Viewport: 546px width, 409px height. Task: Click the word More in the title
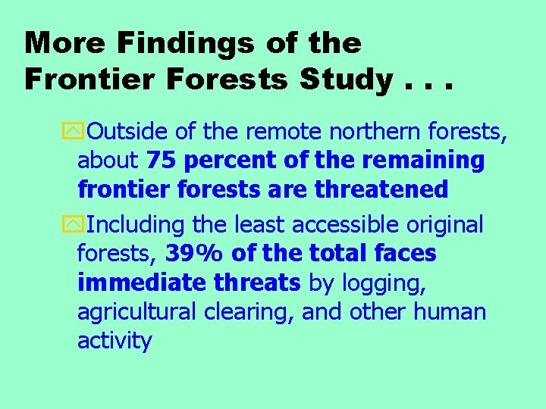[x=64, y=43]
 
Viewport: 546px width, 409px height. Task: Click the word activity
[x=115, y=340]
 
